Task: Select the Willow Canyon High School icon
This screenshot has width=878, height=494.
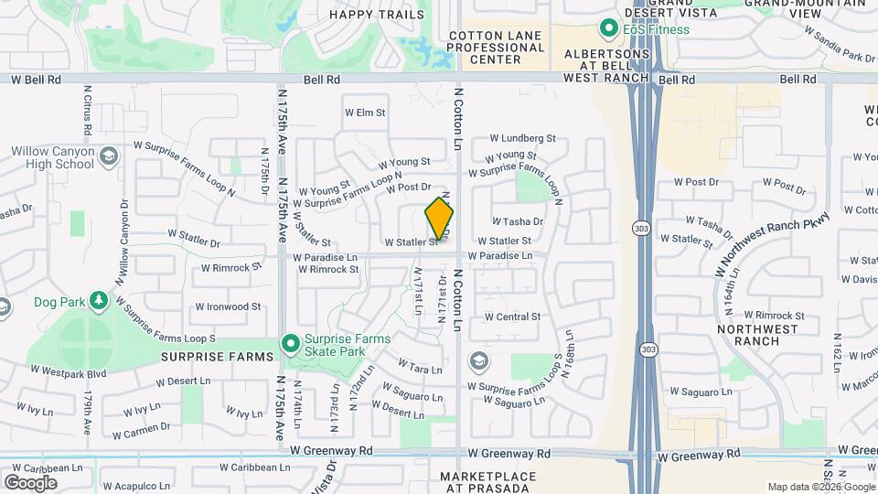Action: pos(109,156)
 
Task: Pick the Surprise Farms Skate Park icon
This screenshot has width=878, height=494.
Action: pos(291,345)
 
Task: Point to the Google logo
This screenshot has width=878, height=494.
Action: pos(30,482)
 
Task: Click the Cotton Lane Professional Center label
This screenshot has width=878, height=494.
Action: pos(497,48)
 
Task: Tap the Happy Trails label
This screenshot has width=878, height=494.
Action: pos(377,15)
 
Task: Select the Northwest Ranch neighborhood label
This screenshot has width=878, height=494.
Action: pos(748,335)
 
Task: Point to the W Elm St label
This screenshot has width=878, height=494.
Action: pos(365,113)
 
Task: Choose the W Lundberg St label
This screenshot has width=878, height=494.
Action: pos(523,138)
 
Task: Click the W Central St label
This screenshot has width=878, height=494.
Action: pos(512,317)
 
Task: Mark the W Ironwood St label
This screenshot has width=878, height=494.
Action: pos(228,307)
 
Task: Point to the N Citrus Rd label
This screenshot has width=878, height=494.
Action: pos(88,110)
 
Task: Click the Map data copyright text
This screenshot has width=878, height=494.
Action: pos(819,487)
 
